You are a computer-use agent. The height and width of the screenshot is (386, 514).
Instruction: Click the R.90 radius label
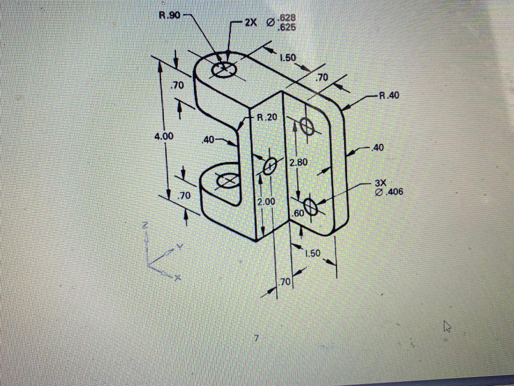169,15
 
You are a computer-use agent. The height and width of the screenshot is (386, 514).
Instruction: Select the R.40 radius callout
389,95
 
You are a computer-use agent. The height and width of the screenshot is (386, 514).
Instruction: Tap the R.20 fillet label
267,118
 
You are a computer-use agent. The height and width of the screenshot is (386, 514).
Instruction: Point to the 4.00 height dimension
164,136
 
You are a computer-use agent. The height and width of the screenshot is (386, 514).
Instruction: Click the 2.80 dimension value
298,162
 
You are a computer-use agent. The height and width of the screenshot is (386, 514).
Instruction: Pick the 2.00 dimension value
266,202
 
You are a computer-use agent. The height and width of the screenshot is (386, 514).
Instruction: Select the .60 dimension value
298,213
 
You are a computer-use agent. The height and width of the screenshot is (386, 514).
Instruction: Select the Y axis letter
177,247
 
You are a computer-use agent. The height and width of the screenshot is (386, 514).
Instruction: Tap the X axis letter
177,277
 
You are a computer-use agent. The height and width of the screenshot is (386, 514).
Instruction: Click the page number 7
256,339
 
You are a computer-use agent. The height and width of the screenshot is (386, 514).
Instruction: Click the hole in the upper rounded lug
223,69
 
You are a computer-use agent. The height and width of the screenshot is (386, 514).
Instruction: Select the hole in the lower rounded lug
227,180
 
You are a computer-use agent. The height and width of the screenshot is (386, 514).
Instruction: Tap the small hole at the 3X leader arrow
311,207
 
